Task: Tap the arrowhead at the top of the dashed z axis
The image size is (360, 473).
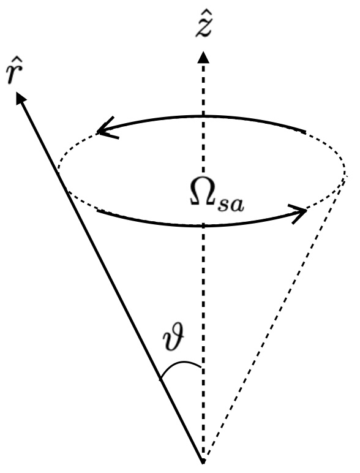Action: pyautogui.click(x=203, y=56)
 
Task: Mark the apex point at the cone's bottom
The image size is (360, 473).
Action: pyautogui.click(x=203, y=460)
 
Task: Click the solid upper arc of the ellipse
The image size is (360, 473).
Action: pyautogui.click(x=202, y=118)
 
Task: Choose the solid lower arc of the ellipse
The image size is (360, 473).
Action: pyautogui.click(x=202, y=225)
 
